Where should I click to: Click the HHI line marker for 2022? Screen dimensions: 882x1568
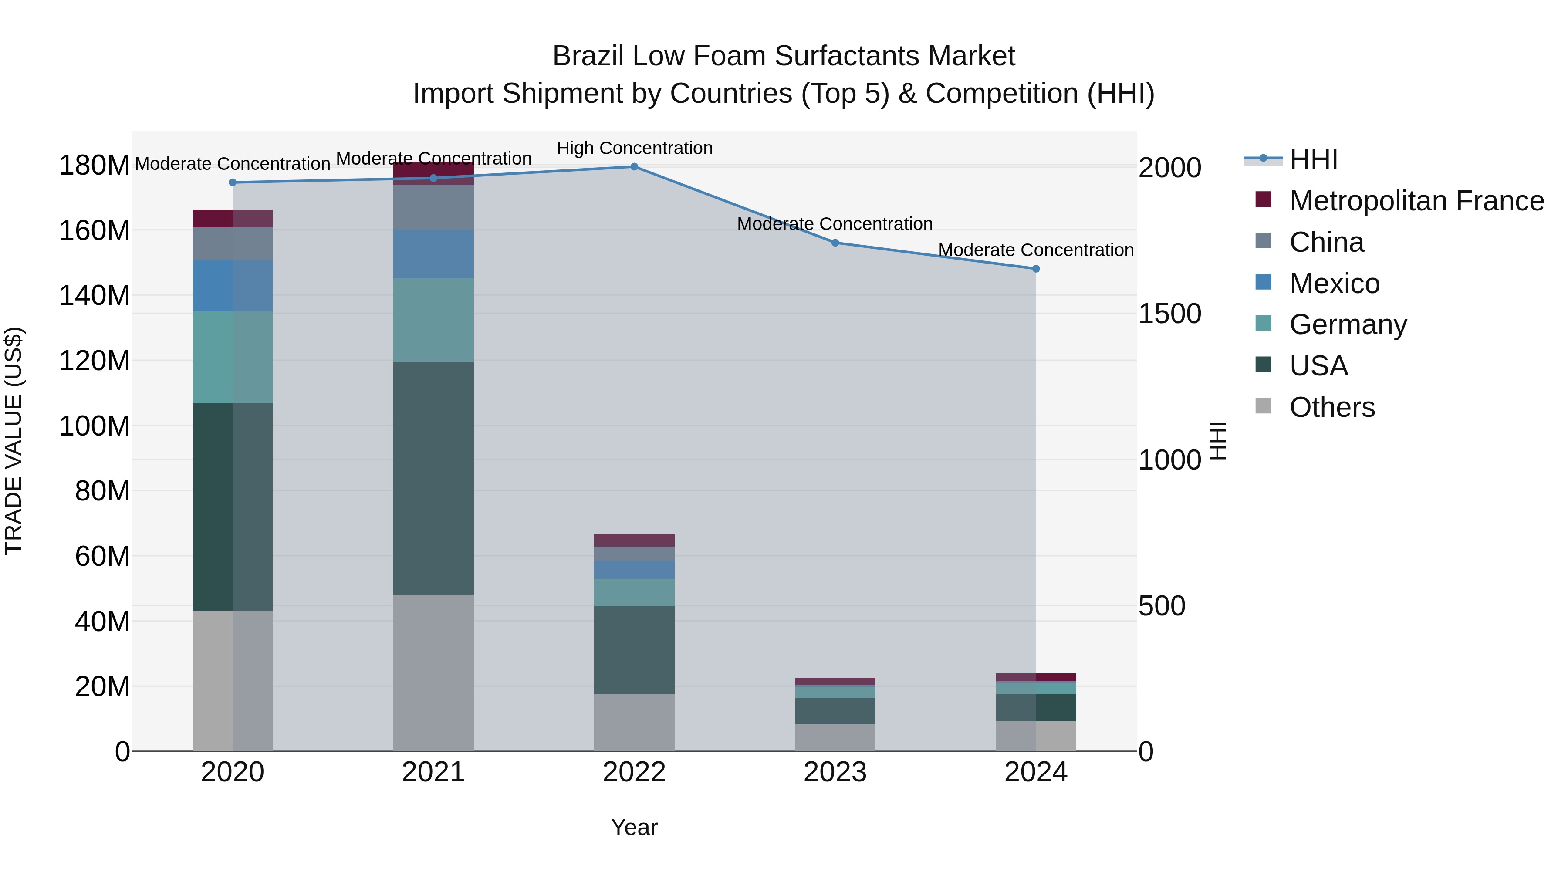pyautogui.click(x=634, y=167)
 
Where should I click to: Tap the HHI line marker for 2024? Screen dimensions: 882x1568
pyautogui.click(x=1035, y=268)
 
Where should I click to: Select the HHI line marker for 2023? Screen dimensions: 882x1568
pyautogui.click(x=835, y=243)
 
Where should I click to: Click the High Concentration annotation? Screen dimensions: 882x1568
pyautogui.click(x=634, y=149)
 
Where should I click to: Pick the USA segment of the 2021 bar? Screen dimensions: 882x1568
pyautogui.click(x=433, y=478)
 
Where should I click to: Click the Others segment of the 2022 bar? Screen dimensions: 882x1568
pyautogui.click(x=634, y=723)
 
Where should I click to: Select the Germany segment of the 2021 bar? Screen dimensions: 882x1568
pyautogui.click(x=433, y=320)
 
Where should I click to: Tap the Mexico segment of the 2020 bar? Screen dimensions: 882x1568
pyautogui.click(x=233, y=286)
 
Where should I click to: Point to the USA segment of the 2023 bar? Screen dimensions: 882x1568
pyautogui.click(x=835, y=711)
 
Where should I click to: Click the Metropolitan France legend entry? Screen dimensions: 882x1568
pyautogui.click(x=1416, y=201)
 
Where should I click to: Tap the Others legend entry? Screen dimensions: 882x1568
pyautogui.click(x=1332, y=407)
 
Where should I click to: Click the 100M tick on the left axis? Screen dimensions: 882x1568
pyautogui.click(x=95, y=426)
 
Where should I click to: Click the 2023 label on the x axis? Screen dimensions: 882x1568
pyautogui.click(x=835, y=772)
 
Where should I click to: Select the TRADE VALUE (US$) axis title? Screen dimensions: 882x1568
pyautogui.click(x=14, y=441)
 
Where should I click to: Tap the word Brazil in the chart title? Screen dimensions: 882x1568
pyautogui.click(x=588, y=57)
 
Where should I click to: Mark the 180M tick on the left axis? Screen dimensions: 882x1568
pyautogui.click(x=95, y=166)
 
